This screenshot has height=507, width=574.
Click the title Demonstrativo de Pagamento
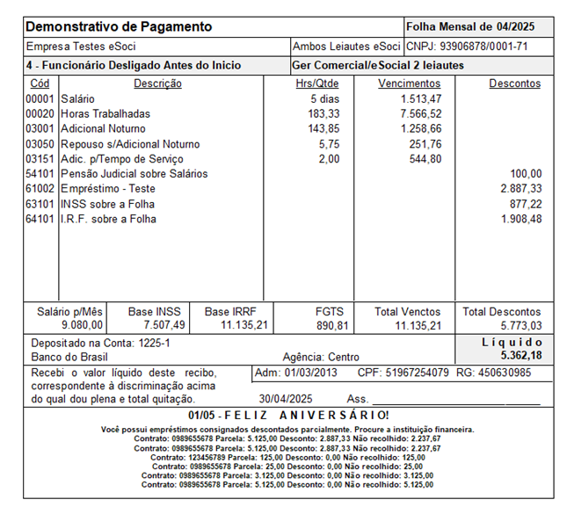[119, 26]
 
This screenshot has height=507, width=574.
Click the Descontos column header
[514, 83]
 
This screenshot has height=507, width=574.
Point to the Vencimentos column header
[410, 83]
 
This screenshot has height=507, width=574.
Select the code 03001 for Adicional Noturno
[40, 128]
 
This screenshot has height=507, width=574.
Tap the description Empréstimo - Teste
[108, 188]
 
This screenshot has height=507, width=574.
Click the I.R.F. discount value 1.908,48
[521, 218]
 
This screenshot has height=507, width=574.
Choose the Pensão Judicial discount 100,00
[527, 173]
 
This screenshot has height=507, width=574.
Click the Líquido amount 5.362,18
[521, 355]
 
